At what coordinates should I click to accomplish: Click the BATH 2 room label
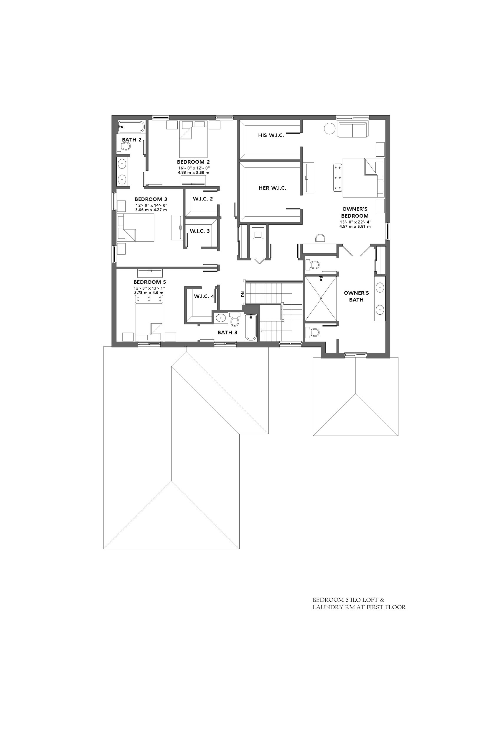131,139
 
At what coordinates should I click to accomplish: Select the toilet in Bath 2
124,146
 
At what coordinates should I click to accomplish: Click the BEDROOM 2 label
193,162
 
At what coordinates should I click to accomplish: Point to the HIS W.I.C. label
271,135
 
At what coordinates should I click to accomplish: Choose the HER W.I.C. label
272,188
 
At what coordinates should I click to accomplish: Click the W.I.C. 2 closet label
203,199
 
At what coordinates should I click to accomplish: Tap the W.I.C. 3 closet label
200,231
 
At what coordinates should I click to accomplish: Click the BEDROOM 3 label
151,199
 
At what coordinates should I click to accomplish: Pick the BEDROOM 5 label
150,282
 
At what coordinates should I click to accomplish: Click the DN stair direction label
243,294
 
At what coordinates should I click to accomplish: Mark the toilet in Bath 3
235,319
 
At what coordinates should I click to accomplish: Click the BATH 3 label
227,332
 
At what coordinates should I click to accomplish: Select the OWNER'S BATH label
356,296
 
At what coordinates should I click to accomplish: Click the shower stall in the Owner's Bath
321,298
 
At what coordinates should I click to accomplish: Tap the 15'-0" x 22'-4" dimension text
355,222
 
